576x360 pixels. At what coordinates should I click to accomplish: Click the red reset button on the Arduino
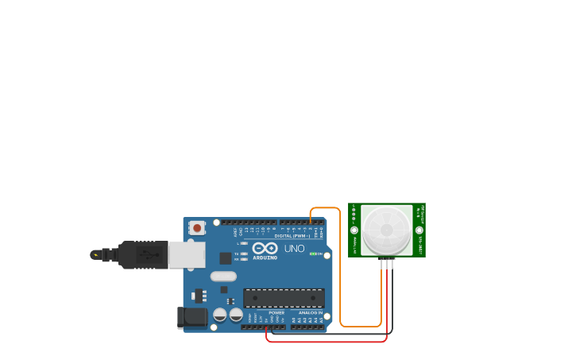(197, 228)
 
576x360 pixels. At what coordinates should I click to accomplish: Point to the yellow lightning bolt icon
(96, 255)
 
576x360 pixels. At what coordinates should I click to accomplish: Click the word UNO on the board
(294, 249)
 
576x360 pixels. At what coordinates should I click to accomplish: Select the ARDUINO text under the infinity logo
(265, 257)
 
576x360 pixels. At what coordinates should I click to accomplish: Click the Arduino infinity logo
(265, 249)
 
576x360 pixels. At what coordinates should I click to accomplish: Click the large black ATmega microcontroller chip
(284, 297)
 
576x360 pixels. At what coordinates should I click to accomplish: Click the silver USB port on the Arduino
(187, 255)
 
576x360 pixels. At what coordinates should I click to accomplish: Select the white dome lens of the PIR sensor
(387, 230)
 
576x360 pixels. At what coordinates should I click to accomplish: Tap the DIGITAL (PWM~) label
(292, 236)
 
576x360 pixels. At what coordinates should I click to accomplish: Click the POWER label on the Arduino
(276, 312)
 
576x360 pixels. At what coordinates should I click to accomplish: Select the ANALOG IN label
(310, 312)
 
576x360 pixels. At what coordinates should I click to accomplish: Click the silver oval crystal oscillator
(223, 277)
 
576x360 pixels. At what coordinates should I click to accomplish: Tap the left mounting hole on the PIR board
(354, 230)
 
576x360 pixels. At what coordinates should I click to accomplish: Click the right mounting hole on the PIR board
(419, 230)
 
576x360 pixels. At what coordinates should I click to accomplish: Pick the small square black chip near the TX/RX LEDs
(226, 257)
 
